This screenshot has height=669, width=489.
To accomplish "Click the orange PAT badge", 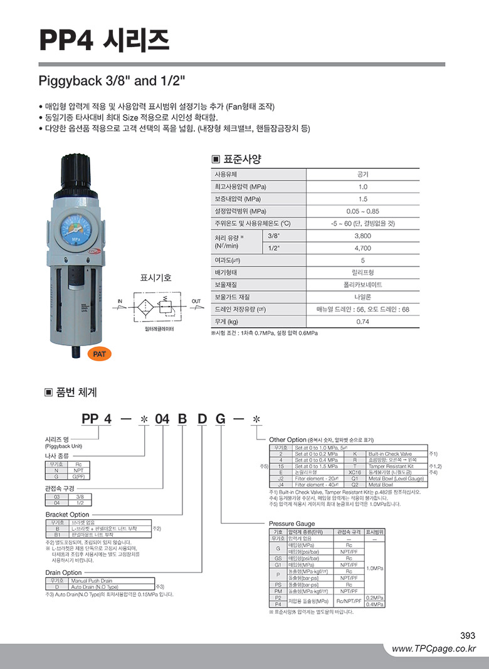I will pyautogui.click(x=99, y=354).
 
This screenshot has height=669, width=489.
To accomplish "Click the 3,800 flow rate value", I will pyautogui.click(x=363, y=236).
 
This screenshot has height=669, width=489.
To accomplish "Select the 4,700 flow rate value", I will pyautogui.click(x=363, y=248).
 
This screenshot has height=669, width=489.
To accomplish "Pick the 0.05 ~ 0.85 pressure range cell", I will pyautogui.click(x=363, y=211).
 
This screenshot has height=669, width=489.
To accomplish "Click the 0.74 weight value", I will pyautogui.click(x=363, y=322).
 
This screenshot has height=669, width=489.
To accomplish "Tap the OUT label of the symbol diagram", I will pyautogui.click(x=196, y=302).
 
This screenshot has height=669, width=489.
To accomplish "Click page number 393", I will pyautogui.click(x=468, y=635).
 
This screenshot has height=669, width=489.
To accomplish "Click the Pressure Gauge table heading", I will pyautogui.click(x=292, y=524).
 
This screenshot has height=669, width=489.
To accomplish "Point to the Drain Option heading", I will pyautogui.click(x=63, y=572).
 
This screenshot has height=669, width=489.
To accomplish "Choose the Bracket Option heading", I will pyautogui.click(x=67, y=514).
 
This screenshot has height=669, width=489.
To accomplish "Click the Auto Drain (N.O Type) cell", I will pyautogui.click(x=93, y=586).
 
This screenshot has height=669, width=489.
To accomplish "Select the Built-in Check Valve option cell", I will pyautogui.click(x=390, y=453).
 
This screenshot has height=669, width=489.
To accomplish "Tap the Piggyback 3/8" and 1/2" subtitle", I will pyautogui.click(x=112, y=82).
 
